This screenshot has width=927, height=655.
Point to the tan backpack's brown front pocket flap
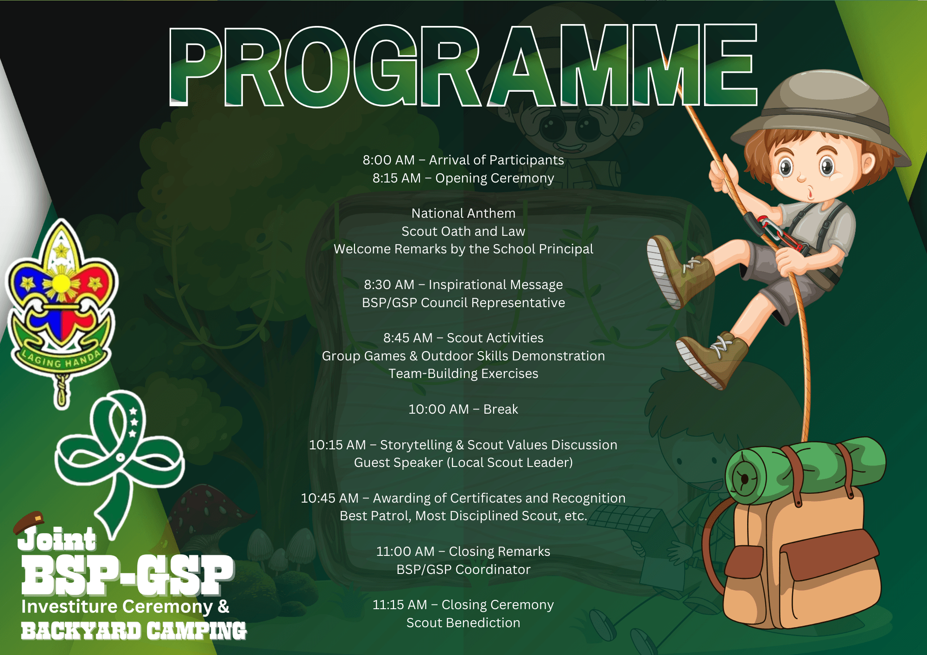tap(830, 554)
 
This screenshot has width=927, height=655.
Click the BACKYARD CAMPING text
tap(133, 631)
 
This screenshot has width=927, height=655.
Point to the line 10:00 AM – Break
tap(463, 409)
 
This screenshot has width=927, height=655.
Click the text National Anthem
tap(463, 213)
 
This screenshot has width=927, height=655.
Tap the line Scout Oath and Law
tap(463, 231)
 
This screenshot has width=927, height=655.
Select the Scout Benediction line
tap(463, 623)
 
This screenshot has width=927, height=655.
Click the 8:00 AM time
tap(388, 160)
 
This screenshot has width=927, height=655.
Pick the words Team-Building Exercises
tap(463, 373)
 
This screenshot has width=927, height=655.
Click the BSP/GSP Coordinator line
tap(463, 569)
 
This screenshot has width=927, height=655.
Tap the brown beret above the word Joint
tap(29, 521)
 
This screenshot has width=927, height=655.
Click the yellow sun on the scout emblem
tap(61, 283)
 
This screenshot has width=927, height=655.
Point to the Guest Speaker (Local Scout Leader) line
tap(463, 462)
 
